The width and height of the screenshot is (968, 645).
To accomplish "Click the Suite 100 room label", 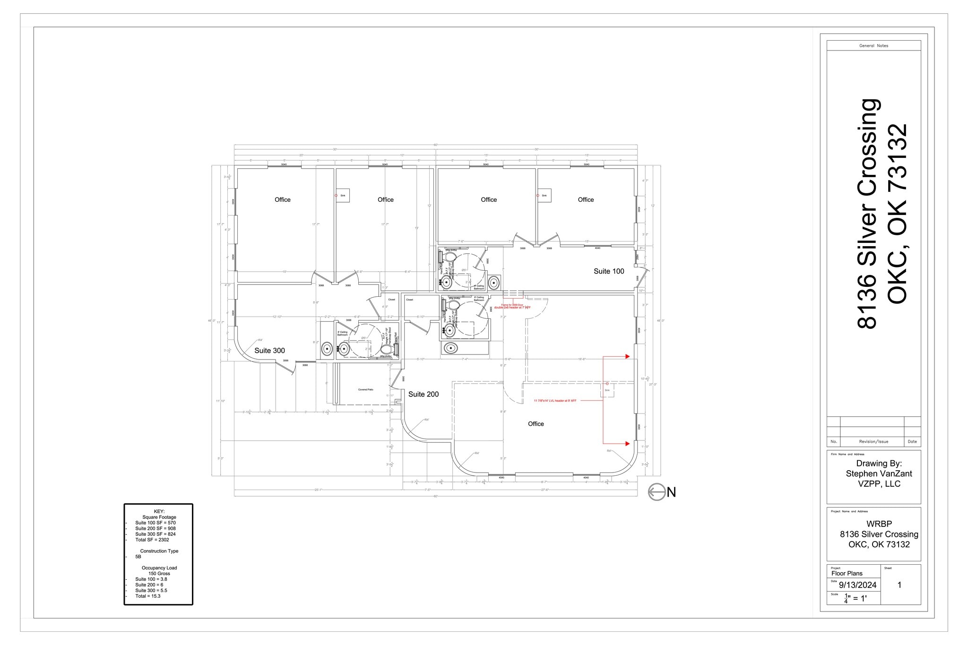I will tap(609, 271).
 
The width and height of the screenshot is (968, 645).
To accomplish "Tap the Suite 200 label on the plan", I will tap(423, 394).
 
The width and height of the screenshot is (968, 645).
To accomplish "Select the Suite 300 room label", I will tap(269, 351).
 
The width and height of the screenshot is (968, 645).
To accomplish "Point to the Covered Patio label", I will tap(365, 390).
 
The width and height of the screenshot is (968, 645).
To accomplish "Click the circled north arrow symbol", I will tap(657, 492).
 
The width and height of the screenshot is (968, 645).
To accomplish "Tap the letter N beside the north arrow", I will tap(672, 492).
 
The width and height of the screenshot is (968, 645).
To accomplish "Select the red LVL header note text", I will tap(555, 401).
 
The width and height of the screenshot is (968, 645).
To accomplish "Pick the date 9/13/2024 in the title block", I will tap(857, 585).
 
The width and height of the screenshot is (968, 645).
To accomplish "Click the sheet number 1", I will tap(899, 585).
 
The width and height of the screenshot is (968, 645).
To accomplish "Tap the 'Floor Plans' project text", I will tap(847, 573).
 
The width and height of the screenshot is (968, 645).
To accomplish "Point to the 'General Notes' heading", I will tap(873, 46).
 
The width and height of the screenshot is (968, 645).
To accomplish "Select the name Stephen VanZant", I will tap(879, 473).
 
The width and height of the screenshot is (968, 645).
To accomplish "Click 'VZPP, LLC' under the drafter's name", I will tap(879, 484).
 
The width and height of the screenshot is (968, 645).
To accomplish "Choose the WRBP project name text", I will tap(879, 524).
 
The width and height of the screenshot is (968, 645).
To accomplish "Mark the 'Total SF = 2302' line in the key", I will tap(152, 540).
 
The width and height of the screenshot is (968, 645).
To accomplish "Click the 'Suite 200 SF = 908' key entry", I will tap(155, 528).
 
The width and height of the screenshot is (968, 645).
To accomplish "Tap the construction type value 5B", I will tap(138, 557).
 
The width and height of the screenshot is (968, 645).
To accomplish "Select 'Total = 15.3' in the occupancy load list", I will tap(147, 596).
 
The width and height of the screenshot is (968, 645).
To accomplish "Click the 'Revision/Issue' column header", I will tap(873, 441).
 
